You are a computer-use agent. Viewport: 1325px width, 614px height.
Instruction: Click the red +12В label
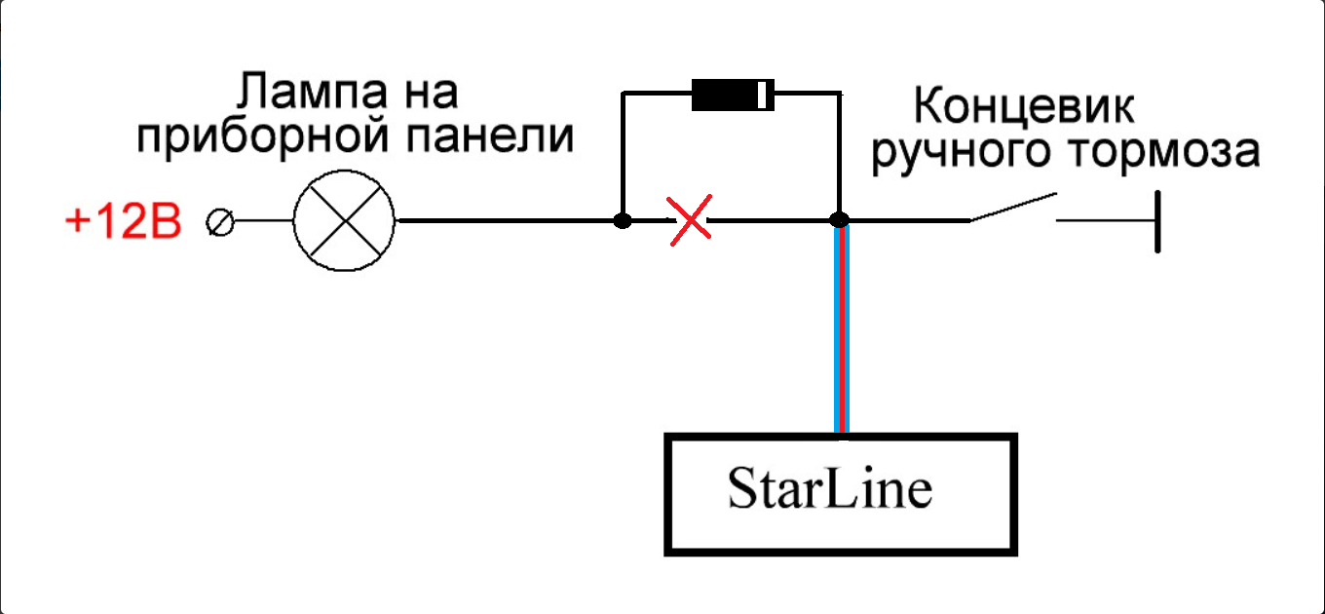(x=123, y=223)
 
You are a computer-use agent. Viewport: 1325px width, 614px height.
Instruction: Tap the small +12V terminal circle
(x=220, y=223)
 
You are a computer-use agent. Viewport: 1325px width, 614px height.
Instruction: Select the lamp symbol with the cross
(x=344, y=221)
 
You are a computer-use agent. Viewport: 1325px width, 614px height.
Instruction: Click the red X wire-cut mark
(x=691, y=221)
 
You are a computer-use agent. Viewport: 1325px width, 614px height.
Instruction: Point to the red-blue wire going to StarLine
(x=841, y=331)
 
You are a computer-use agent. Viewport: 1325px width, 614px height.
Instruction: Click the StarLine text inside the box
(x=829, y=490)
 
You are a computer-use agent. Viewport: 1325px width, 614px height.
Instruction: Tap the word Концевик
(x=1026, y=106)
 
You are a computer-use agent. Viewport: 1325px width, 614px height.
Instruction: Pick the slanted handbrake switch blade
(x=1011, y=207)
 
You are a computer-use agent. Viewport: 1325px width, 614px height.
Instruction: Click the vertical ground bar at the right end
(x=1157, y=222)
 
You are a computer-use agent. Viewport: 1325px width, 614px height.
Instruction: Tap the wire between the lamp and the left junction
(x=507, y=221)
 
